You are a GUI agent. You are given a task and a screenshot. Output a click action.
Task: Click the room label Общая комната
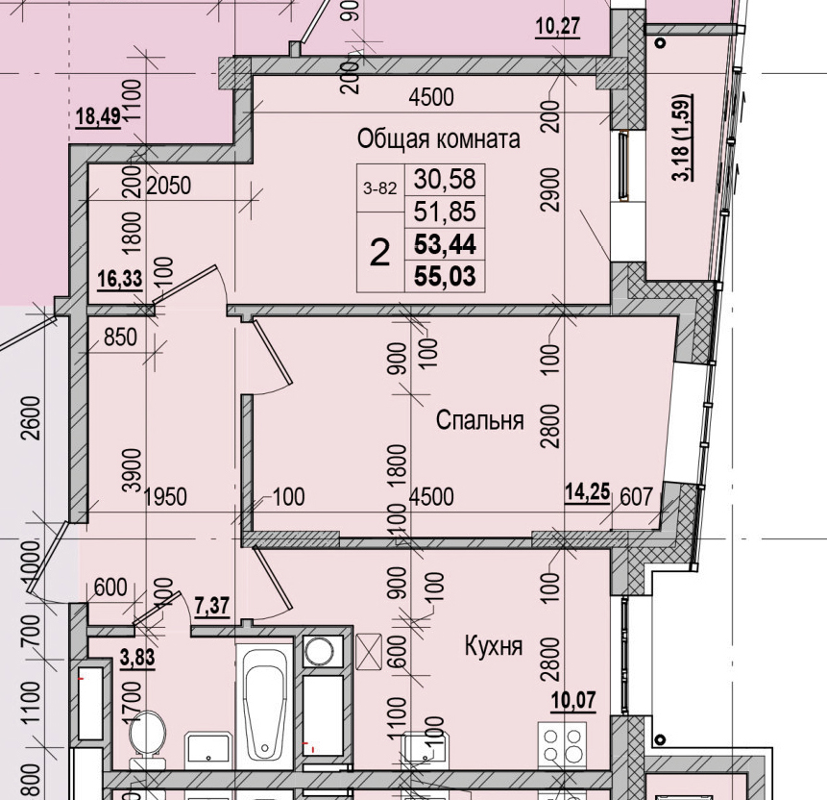439,138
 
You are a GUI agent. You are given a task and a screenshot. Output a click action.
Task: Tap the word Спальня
479,420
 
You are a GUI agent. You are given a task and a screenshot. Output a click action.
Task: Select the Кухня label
493,645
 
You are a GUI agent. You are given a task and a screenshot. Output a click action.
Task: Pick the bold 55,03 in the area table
445,276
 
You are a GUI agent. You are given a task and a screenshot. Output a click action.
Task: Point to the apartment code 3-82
379,188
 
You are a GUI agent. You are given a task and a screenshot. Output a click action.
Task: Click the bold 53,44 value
445,244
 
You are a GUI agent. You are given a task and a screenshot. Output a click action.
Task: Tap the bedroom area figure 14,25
587,495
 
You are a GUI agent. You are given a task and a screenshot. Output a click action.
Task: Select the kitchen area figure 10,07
572,699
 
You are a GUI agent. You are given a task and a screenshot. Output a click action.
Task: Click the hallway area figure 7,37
211,606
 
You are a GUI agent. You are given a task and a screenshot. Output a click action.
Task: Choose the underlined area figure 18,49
97,117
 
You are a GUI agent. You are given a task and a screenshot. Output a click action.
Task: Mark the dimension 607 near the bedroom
636,496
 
